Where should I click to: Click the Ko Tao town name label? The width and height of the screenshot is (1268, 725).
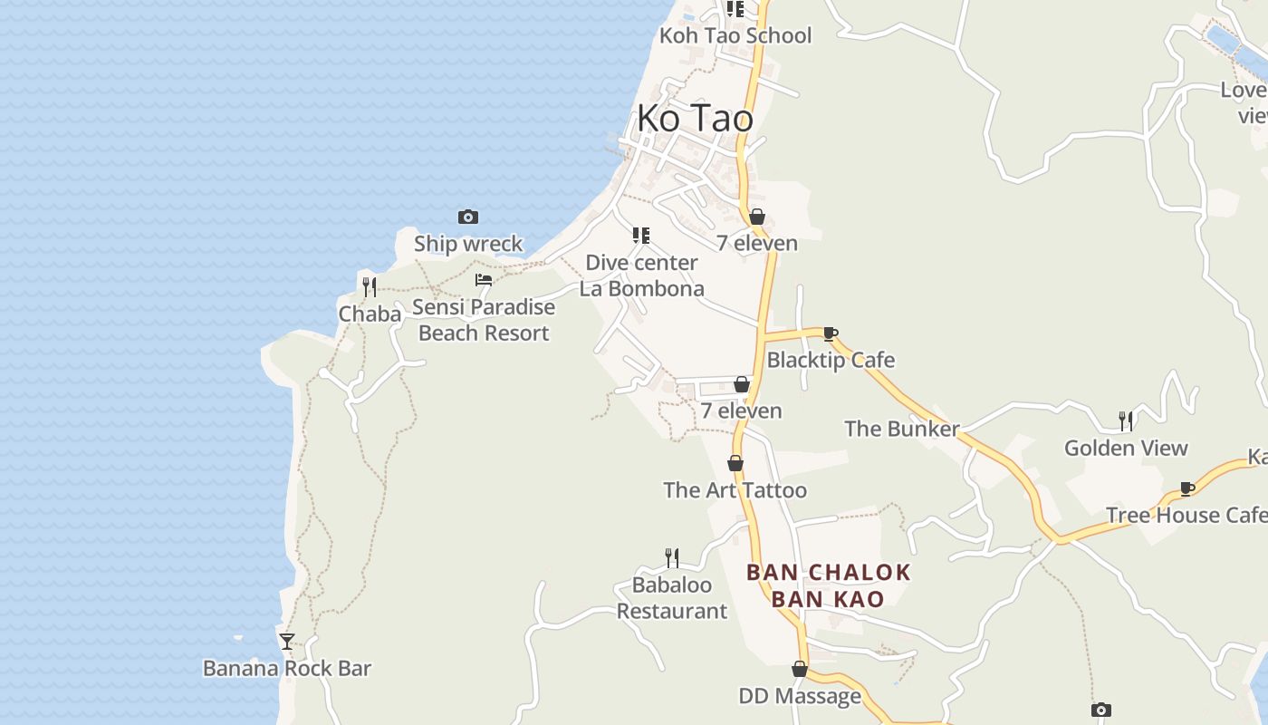(x=695, y=118)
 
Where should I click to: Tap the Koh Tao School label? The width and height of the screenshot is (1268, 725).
(x=735, y=35)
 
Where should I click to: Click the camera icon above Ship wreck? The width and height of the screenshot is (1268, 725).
(x=468, y=217)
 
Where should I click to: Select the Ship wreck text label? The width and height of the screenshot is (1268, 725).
(x=468, y=244)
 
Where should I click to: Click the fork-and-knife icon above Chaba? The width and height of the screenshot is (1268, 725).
(x=370, y=287)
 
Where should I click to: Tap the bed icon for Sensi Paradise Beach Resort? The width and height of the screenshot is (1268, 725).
(x=484, y=279)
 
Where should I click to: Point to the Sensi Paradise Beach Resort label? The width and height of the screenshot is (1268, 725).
(x=484, y=320)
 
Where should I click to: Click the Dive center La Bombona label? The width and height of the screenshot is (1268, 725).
(x=642, y=275)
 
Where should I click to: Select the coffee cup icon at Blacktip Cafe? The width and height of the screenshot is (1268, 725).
(x=831, y=333)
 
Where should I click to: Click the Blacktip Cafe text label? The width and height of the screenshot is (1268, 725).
(x=831, y=360)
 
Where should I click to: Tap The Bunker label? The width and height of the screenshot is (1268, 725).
(x=901, y=429)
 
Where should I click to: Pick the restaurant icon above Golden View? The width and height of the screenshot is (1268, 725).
(x=1126, y=420)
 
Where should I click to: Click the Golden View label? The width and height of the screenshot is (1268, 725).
(x=1126, y=448)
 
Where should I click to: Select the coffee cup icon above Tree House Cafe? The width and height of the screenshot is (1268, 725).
(x=1187, y=488)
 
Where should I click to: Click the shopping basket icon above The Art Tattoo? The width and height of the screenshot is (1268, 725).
(x=735, y=463)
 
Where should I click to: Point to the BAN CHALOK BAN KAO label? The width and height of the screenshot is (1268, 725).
(x=828, y=585)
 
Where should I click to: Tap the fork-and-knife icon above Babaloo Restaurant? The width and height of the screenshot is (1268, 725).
(x=672, y=557)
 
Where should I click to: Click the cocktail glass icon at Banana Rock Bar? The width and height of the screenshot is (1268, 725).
(x=287, y=641)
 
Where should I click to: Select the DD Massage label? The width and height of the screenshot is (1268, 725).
(x=800, y=696)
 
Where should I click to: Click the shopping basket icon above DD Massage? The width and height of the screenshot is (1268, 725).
(x=800, y=669)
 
